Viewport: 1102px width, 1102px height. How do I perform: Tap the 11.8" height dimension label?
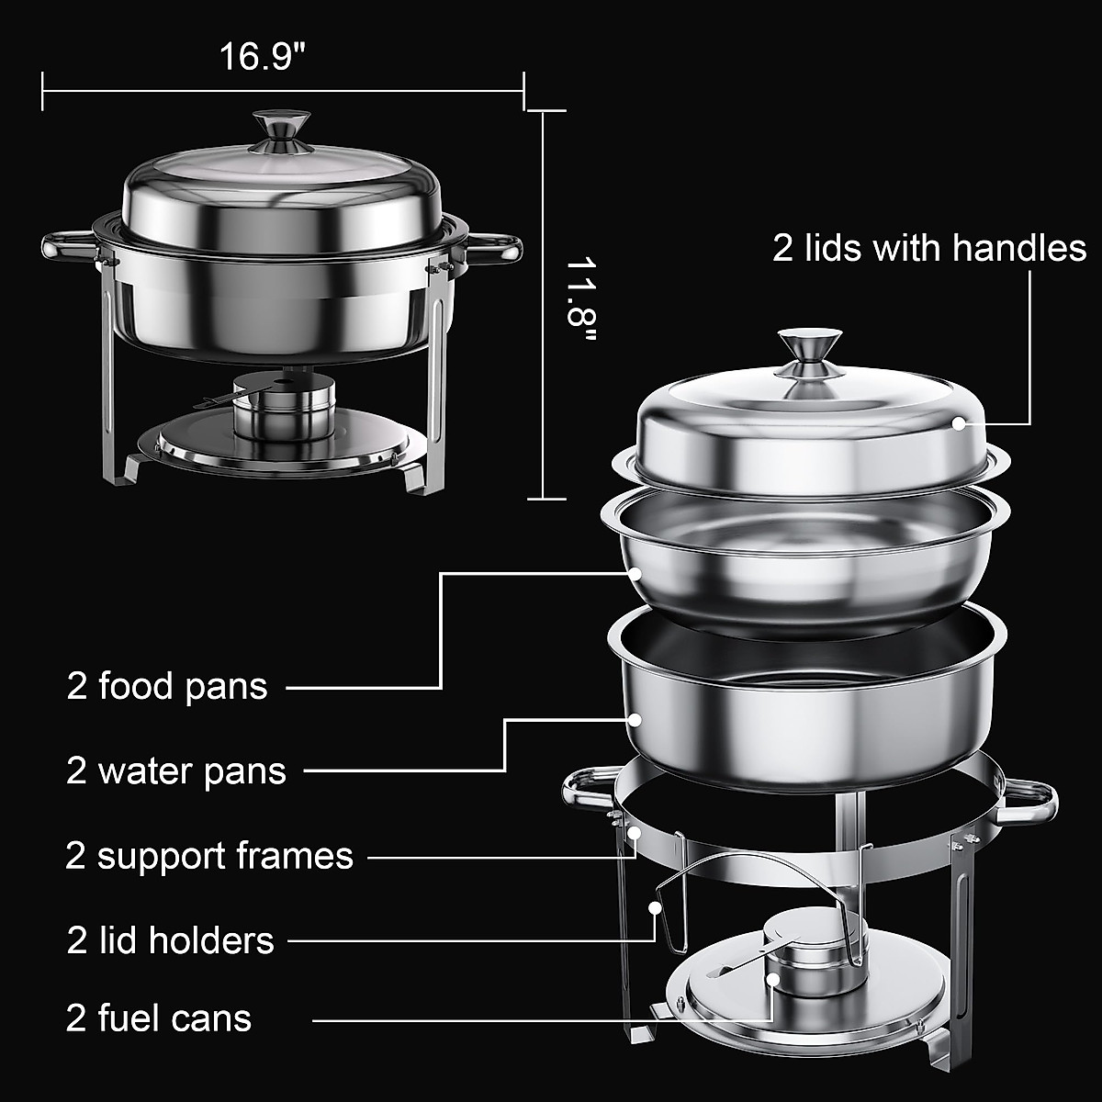[580, 303]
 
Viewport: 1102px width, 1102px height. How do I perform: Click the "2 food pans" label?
[167, 686]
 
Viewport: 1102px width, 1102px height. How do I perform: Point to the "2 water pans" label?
[176, 770]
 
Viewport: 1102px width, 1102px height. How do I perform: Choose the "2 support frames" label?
[209, 856]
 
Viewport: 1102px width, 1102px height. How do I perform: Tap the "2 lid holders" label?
[171, 940]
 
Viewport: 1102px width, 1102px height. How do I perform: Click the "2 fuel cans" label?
[159, 1018]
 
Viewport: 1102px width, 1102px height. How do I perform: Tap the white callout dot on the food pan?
[635, 573]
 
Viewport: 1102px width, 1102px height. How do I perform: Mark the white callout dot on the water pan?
[635, 720]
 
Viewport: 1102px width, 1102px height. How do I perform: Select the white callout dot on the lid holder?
[655, 906]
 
